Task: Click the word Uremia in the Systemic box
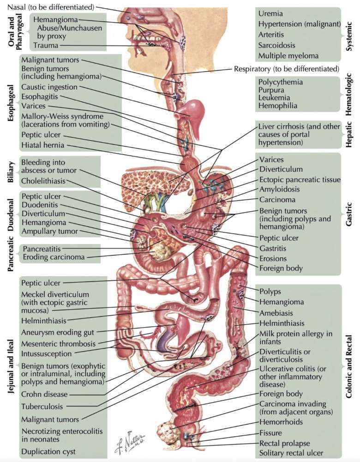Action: pos(270,14)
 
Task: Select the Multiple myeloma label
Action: pos(288,55)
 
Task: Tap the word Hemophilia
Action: pos(278,106)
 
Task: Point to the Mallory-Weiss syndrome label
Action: pos(62,116)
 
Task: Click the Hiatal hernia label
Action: pos(42,145)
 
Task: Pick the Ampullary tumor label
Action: pos(49,231)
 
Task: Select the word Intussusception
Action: pos(46,354)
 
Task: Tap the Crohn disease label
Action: pos(44,395)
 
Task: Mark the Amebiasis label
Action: pos(275,312)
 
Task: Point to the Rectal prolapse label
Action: pos(284,443)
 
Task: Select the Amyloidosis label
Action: pos(279,189)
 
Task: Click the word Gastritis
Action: pos(272,249)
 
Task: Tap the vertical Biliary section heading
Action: pos(12,172)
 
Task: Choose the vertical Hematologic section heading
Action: pos(349,94)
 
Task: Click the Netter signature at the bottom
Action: pos(130,442)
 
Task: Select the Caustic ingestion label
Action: pos(49,87)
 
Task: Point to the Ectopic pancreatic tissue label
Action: pos(300,179)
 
